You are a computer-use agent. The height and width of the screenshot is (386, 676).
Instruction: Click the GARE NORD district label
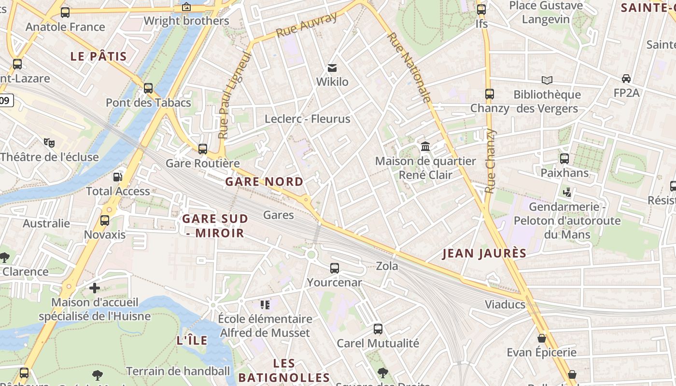(264, 182)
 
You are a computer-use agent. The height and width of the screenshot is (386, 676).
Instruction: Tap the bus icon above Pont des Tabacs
(148, 88)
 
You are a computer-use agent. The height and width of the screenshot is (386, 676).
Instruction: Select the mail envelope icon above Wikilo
(332, 68)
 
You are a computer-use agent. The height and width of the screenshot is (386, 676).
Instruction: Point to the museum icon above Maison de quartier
(425, 146)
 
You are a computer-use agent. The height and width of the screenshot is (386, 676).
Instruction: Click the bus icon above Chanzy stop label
(490, 94)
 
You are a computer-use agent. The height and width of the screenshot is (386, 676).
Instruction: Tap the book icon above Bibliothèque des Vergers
(547, 80)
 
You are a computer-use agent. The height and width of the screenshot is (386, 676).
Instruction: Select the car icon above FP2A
(626, 78)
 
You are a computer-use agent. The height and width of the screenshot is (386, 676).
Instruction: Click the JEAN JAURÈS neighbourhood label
(484, 253)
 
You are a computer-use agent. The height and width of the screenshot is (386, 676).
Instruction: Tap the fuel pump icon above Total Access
(117, 177)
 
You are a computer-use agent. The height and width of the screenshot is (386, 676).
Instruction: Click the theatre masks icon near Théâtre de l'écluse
(49, 142)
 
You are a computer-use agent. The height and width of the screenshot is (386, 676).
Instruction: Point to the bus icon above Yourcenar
(335, 268)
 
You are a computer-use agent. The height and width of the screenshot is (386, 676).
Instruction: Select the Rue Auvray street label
(306, 25)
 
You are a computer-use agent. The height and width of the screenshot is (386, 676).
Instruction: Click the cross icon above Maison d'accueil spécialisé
(95, 288)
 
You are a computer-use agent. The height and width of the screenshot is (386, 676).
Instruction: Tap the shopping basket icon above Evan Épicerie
(542, 338)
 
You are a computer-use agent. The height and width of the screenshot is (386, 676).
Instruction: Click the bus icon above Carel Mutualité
(378, 329)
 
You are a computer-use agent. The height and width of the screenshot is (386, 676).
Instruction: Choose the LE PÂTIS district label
(99, 56)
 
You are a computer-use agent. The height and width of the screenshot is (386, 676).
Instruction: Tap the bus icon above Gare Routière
(203, 149)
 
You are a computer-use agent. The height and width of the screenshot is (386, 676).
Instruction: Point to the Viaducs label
(505, 304)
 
